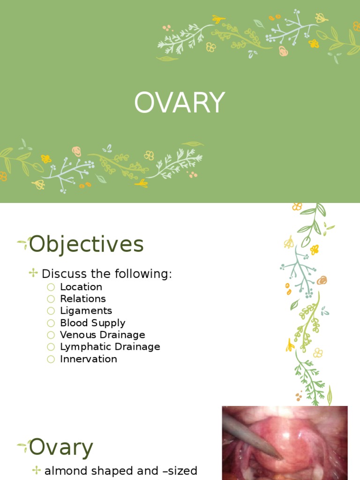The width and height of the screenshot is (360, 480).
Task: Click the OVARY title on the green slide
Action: tap(180, 103)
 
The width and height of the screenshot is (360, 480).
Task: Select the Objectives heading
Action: tap(86, 245)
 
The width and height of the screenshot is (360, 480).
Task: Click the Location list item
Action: tap(81, 287)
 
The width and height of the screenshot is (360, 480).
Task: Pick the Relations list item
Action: tap(83, 299)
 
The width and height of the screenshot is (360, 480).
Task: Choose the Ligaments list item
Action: tap(86, 311)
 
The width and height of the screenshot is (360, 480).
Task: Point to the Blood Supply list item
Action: tap(93, 323)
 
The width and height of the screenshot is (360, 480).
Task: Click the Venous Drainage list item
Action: tap(103, 335)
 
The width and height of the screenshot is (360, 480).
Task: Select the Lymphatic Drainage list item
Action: tap(110, 347)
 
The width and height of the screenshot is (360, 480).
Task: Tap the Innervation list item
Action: tap(89, 359)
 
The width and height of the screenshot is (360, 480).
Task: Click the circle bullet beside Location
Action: tap(51, 287)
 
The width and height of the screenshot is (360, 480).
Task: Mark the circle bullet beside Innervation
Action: tap(51, 360)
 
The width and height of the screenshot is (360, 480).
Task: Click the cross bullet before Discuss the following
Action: tap(33, 272)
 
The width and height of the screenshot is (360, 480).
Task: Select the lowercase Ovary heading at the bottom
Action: tap(61, 448)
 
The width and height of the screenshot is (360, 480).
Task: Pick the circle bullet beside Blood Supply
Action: tap(51, 323)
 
